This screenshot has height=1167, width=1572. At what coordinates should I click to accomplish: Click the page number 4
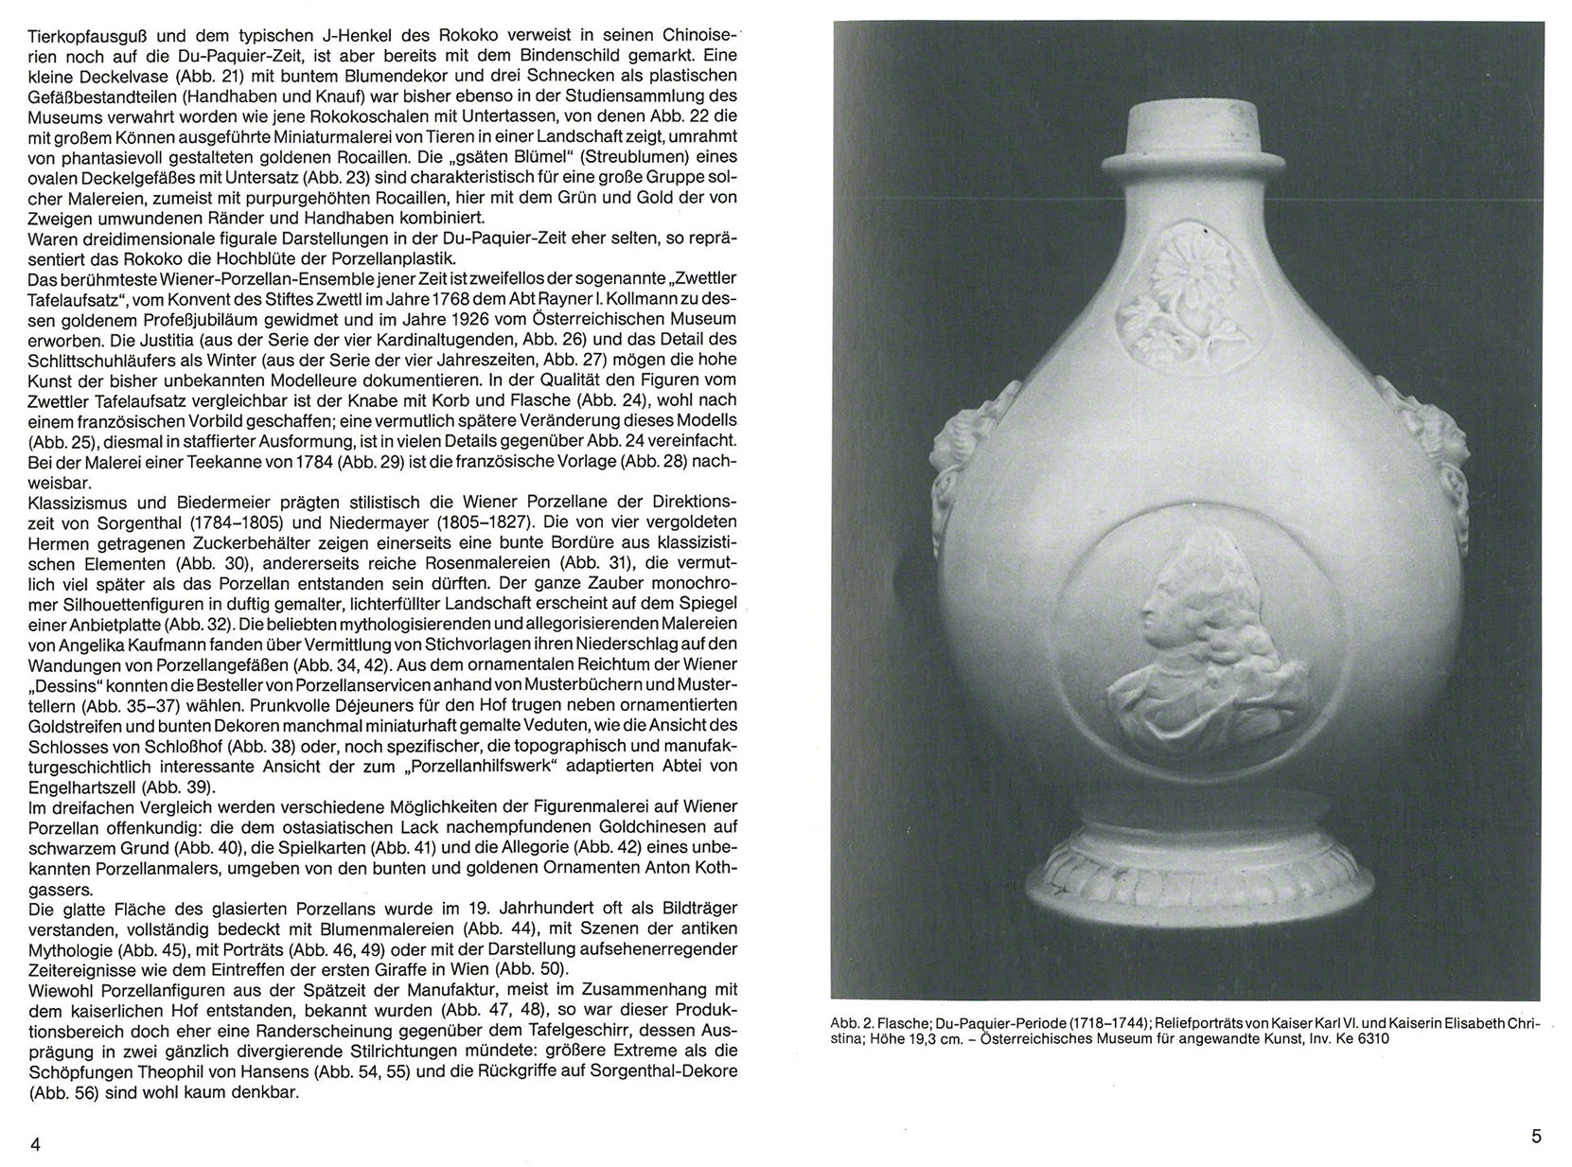[35, 1144]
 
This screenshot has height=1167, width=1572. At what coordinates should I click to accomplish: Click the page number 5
[1536, 1137]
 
